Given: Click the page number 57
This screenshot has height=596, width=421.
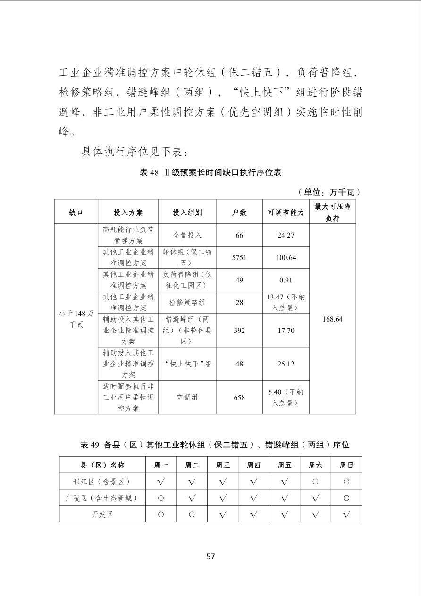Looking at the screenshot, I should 210,556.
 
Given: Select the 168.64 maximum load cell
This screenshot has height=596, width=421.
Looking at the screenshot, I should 332,319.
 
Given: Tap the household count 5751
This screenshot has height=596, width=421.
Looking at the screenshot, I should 239,258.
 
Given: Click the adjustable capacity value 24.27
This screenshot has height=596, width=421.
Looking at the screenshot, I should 286,235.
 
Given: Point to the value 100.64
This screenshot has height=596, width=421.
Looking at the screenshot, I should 286,258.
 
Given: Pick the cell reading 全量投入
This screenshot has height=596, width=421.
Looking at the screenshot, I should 187,235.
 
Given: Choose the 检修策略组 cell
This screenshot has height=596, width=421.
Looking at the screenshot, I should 187,302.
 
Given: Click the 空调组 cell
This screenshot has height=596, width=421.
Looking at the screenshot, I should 187,398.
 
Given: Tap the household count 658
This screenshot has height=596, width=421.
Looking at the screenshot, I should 239,398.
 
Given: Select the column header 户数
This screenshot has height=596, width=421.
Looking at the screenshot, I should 239,213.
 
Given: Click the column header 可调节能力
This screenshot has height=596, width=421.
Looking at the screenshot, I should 286,213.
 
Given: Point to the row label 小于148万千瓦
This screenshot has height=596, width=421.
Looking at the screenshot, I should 76,319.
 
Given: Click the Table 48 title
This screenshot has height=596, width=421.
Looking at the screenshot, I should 210,172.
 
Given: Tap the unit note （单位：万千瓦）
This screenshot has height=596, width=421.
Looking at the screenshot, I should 329,192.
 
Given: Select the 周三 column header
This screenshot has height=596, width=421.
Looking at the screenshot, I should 223,465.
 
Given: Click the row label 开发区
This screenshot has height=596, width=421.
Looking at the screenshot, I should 102,514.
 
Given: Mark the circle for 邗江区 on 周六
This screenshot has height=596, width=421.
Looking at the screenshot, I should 315,482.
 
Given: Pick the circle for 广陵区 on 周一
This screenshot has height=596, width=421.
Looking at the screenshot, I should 161,498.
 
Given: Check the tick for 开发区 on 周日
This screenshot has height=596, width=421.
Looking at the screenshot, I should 346,514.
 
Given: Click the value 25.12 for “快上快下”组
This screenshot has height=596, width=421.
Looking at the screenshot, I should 286,364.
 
